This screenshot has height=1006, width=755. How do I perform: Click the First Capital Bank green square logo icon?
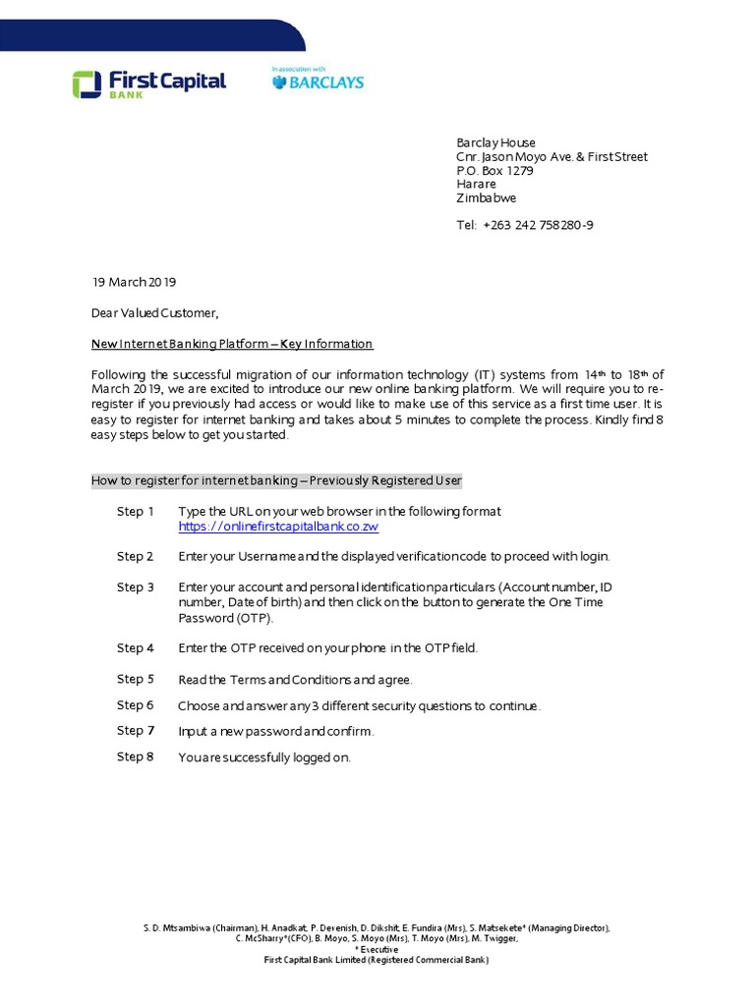tap(86, 84)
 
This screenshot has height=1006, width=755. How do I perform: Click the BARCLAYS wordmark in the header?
tap(317, 84)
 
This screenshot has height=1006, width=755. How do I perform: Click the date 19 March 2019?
tap(134, 282)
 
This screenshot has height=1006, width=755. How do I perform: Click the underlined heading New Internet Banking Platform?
tap(232, 344)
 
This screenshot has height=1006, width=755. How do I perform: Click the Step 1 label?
tap(136, 512)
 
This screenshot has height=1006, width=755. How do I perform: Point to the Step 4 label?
tap(136, 648)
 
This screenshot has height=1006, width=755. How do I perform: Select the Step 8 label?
tap(136, 756)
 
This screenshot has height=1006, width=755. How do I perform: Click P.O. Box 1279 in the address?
tap(494, 170)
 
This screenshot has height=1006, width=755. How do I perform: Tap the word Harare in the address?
tap(477, 184)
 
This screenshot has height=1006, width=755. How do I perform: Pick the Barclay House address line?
tap(495, 142)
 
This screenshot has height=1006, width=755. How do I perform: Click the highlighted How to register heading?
tap(276, 480)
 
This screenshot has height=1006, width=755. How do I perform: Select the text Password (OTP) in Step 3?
tap(225, 618)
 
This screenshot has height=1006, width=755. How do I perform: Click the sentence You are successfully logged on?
tap(263, 757)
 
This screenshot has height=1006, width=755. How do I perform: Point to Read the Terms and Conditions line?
tap(295, 680)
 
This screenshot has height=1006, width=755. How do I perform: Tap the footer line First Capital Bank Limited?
tap(377, 960)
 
